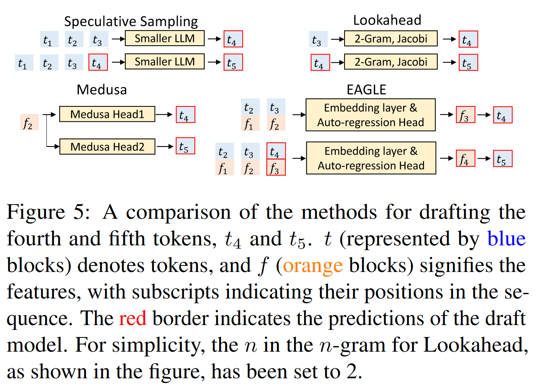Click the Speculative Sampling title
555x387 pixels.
point(131,21)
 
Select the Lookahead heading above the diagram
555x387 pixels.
point(387,20)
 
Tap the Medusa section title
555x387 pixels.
point(101,90)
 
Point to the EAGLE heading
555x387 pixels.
point(366,90)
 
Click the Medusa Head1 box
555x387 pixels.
point(107,114)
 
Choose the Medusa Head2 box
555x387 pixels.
point(107,147)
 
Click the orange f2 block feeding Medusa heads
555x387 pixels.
point(29,123)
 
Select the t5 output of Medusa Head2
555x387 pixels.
point(185,146)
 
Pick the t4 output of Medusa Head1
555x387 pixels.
point(185,115)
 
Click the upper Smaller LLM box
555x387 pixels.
point(165,39)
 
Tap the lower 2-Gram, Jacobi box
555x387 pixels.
point(390,62)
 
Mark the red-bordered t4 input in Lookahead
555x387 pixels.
point(320,63)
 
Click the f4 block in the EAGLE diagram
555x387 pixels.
point(465,159)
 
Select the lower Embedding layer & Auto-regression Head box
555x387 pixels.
point(371,158)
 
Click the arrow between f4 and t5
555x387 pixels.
point(484,159)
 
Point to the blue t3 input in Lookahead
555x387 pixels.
point(318,40)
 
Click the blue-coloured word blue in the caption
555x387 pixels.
point(506,239)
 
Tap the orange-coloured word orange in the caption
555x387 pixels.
point(312,265)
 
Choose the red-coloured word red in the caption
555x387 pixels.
point(132,318)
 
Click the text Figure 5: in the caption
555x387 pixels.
point(48,212)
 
